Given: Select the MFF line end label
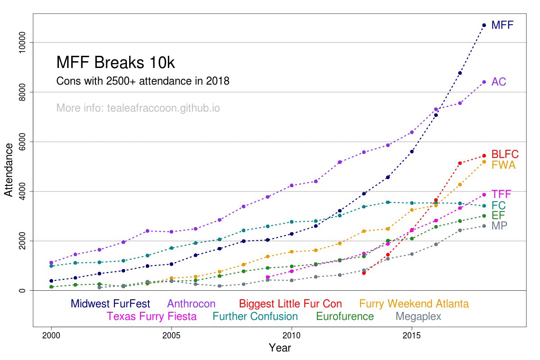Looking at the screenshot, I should pos(502,25).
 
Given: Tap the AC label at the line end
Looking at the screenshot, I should pos(499,82).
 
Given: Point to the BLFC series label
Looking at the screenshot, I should pos(505,154).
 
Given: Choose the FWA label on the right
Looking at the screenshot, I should pos(503,165).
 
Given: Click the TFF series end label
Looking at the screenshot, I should pos(501,194).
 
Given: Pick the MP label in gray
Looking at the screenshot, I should pos(499,226).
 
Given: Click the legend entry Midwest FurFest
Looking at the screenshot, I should pos(110,304).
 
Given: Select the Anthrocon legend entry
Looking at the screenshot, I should pos(191,304).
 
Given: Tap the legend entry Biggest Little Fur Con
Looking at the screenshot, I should pos(290,304).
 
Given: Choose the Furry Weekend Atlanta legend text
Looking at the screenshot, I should pos(414,304).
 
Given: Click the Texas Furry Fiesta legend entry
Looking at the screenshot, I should pos(152,316).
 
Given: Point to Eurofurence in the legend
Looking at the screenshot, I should pos(345,316).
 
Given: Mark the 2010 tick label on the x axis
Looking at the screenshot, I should pos(292,336).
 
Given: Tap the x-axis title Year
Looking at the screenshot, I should pos(279,348).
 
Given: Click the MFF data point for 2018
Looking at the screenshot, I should pos(484,25).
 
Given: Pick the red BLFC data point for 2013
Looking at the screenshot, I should pos(364,273).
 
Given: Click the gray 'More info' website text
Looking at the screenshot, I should pos(138,108).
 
